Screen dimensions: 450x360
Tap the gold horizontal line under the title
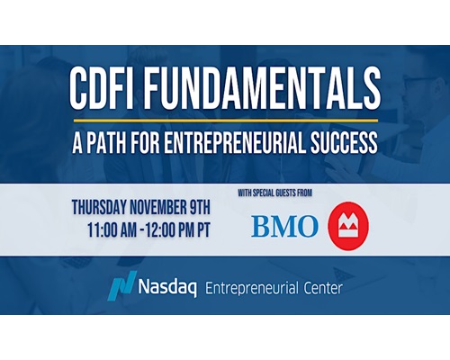226,121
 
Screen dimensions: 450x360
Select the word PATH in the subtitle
106,142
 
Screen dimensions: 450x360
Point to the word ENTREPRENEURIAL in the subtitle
235,142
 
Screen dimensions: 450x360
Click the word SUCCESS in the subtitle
344,142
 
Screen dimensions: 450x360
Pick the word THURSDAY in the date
99,208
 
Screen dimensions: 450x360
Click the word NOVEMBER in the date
157,208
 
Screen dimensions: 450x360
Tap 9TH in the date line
200,208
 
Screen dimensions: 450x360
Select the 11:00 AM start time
112,230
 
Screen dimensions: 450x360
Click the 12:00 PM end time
170,230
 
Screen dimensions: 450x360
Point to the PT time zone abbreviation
203,230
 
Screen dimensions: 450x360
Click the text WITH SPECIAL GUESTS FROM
275,193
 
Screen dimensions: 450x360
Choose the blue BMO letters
284,226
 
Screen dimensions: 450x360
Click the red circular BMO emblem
348,226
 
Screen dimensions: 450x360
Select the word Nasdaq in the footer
167,288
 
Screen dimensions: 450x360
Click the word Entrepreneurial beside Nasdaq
252,289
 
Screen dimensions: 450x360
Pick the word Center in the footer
323,289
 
